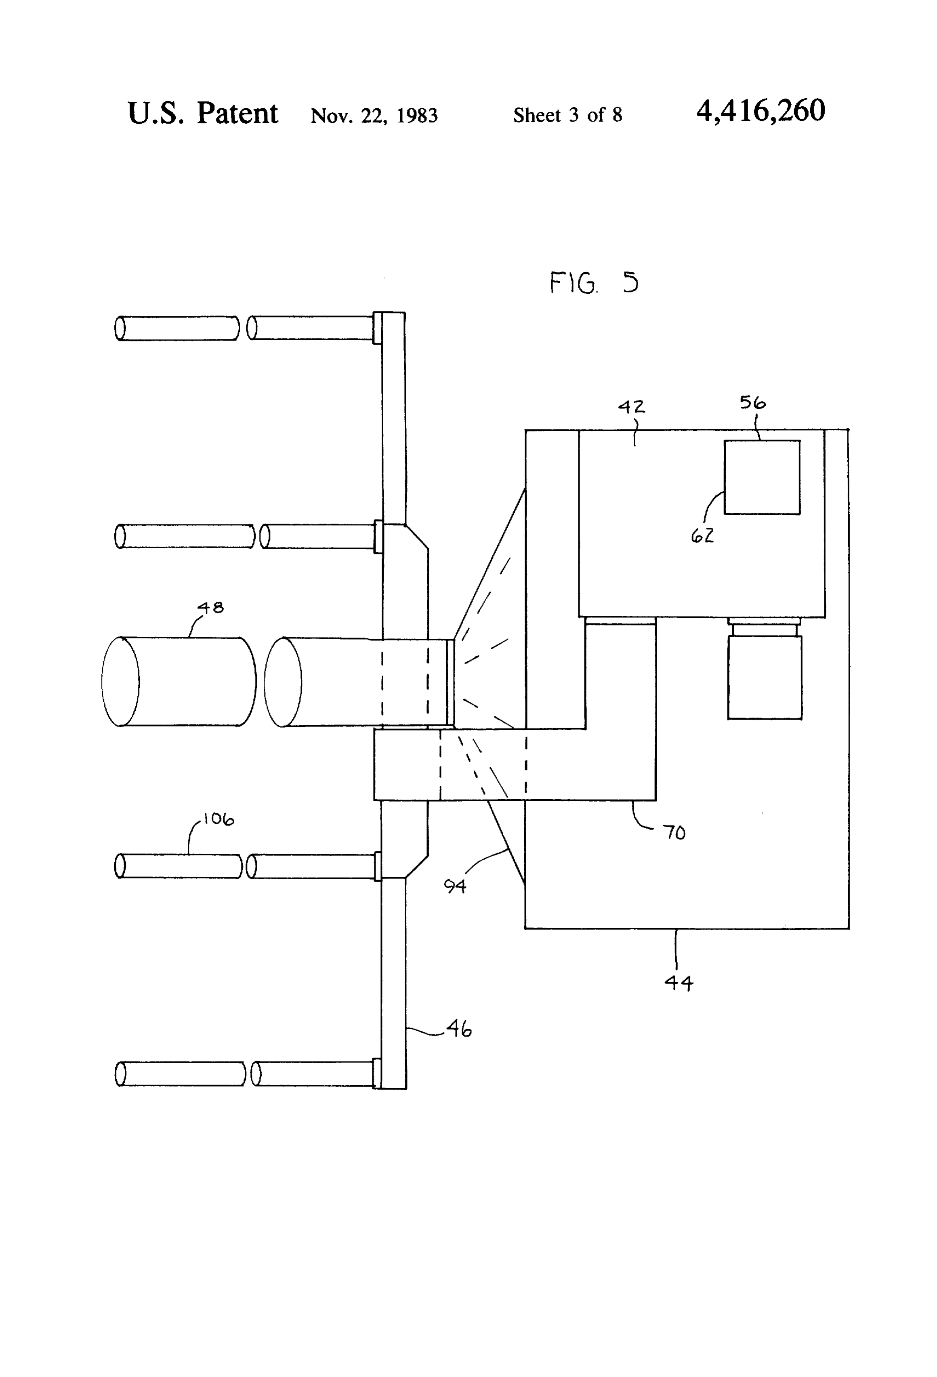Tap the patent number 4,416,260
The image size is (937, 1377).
[x=761, y=111]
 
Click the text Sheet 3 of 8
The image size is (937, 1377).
[x=567, y=114]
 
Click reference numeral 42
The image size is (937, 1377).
[x=631, y=406]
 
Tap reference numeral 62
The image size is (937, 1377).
[x=702, y=536]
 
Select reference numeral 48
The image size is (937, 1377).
[x=211, y=607]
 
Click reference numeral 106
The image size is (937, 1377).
[x=218, y=819]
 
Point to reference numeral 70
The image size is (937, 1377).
[x=674, y=833]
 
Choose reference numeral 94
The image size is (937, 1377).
[x=455, y=886]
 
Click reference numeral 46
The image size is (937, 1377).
[x=459, y=1029]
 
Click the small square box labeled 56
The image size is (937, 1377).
[x=762, y=477]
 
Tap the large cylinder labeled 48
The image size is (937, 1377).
[x=179, y=681]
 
